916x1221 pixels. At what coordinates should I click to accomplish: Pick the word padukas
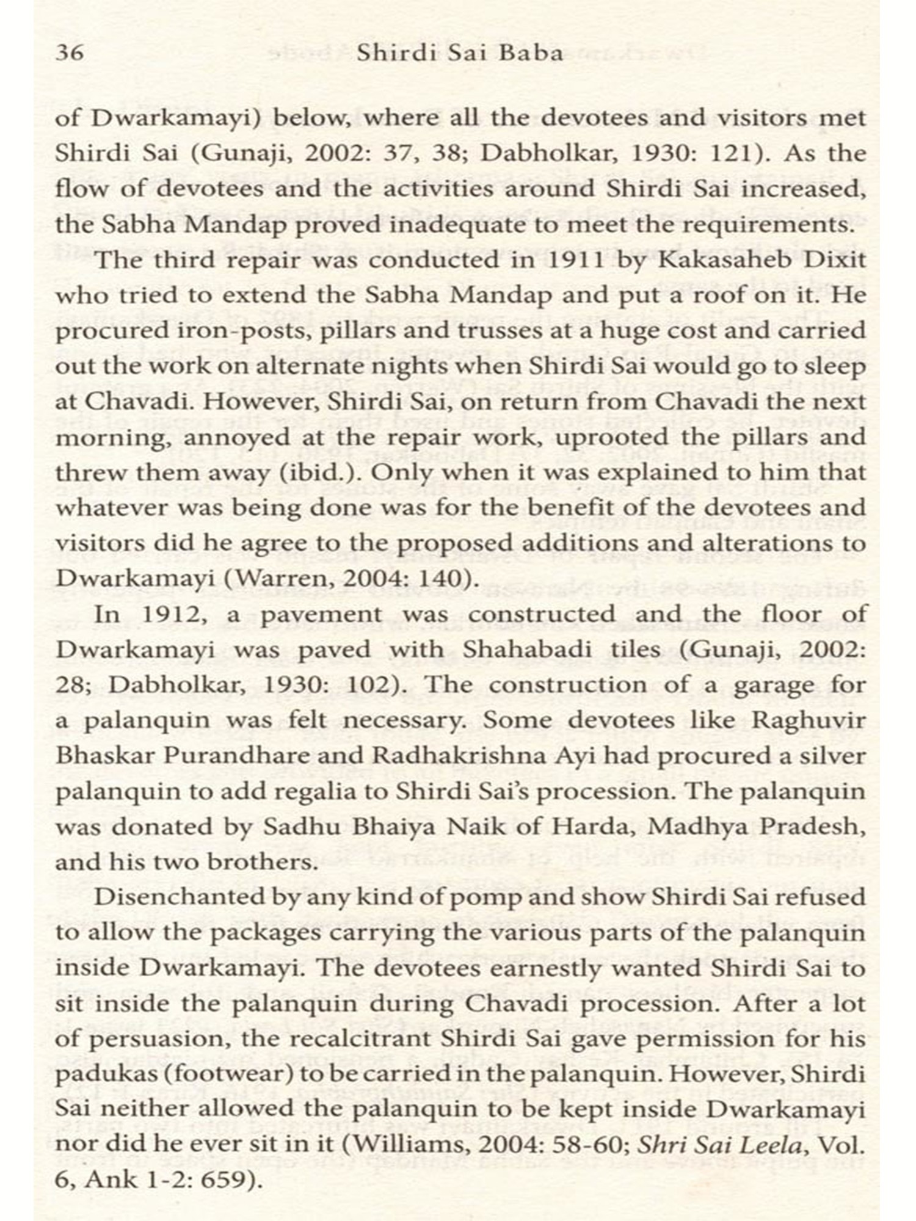[91, 1074]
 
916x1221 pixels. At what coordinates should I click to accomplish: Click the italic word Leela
[770, 1145]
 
